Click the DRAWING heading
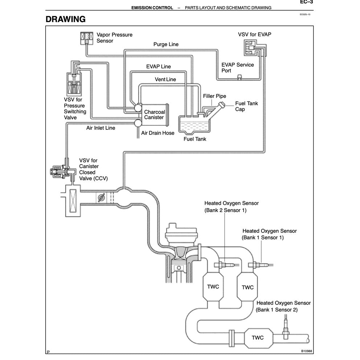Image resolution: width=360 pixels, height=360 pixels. [66, 19]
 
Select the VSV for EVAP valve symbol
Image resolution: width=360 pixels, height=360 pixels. [251, 48]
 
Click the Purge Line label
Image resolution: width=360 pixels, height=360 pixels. [166, 44]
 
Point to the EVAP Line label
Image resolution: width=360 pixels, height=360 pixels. [158, 67]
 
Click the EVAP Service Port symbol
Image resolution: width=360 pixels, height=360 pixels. [239, 76]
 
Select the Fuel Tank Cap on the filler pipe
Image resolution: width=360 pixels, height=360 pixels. [220, 105]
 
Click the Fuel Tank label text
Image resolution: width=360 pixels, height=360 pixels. [195, 139]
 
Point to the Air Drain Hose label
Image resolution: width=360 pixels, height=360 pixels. [158, 133]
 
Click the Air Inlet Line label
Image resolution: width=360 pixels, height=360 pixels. [100, 128]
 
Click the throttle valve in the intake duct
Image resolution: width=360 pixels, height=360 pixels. [102, 198]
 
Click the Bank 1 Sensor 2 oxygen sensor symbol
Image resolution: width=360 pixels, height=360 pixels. [286, 331]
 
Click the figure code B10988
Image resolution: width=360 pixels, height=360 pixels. [307, 351]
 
